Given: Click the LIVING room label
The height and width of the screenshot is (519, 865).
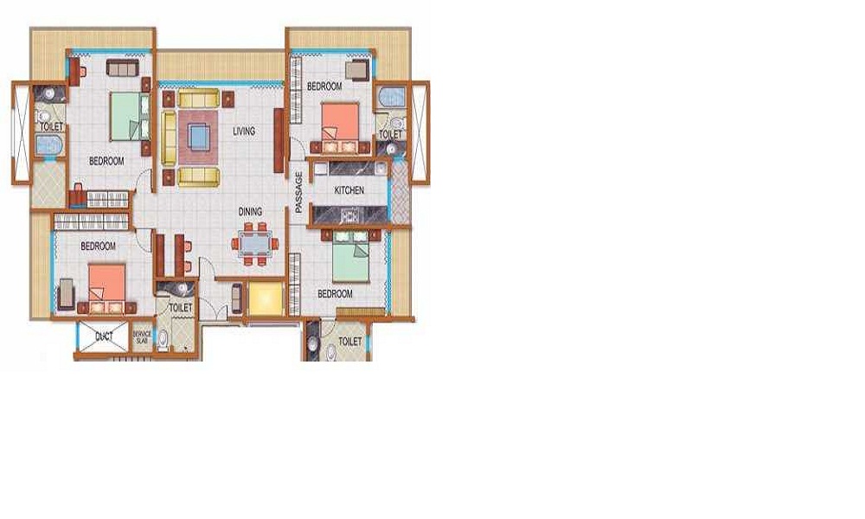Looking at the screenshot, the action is [244, 131].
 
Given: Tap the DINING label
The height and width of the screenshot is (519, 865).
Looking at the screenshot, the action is [250, 212].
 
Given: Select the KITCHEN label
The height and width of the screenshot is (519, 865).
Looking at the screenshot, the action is [349, 190].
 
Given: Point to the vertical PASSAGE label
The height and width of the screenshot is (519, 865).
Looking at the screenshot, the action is [299, 192].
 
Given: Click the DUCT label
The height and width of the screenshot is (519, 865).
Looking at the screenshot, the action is [105, 336].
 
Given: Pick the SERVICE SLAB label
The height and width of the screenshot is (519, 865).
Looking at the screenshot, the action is [142, 337].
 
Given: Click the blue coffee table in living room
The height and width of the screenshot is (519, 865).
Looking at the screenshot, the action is [199, 136].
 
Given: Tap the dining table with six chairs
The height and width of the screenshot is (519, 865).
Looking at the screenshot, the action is [255, 244].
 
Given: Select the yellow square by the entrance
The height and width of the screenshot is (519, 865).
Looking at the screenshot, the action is [266, 298].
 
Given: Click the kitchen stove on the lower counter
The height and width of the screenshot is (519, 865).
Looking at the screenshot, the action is [349, 215].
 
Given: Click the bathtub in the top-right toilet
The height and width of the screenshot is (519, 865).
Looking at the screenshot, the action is [392, 98].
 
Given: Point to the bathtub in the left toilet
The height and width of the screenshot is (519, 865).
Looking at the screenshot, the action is [49, 145].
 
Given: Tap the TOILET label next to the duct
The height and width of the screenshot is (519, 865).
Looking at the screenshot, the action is [181, 308].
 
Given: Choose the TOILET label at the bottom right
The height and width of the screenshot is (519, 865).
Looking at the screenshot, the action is [349, 342].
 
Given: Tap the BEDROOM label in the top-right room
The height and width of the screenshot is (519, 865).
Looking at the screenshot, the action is [324, 86].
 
